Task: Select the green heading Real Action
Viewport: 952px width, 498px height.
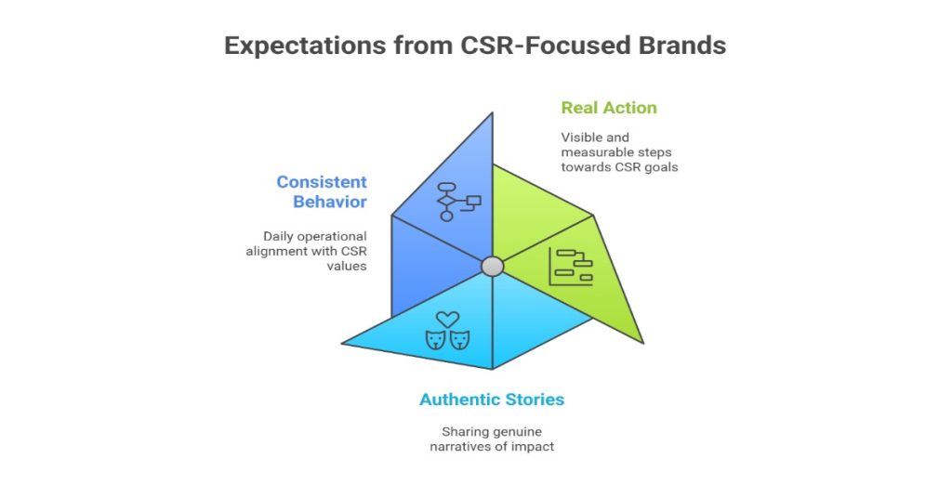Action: [609, 108]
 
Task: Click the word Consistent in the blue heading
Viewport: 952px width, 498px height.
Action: [321, 182]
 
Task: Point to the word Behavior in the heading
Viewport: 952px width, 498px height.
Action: [330, 203]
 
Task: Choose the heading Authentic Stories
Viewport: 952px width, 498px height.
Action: [492, 400]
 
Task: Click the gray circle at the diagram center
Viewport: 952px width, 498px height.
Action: [493, 267]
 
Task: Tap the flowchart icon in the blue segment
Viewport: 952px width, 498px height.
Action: [457, 201]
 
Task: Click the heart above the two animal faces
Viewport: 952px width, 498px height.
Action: [447, 320]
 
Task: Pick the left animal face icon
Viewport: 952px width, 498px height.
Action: [435, 341]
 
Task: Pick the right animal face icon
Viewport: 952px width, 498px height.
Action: [459, 341]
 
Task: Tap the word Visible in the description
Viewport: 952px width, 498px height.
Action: [581, 137]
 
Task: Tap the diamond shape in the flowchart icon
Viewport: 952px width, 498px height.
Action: [446, 201]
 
